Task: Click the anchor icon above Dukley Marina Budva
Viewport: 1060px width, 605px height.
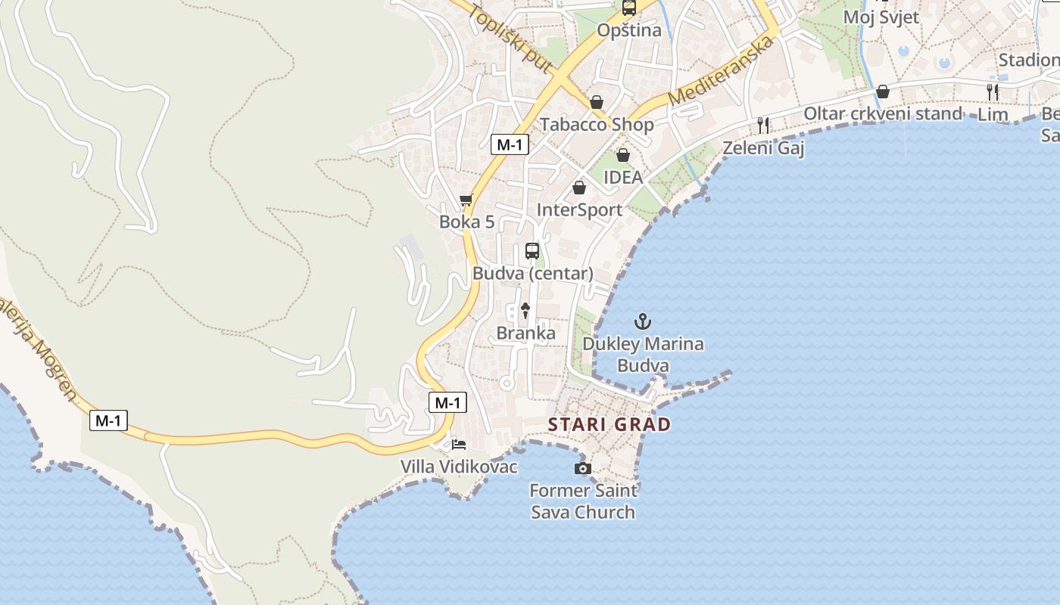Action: pyautogui.click(x=642, y=322)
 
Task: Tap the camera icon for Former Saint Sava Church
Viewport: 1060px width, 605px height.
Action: pyautogui.click(x=582, y=469)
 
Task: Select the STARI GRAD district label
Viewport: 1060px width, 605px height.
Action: pyautogui.click(x=609, y=424)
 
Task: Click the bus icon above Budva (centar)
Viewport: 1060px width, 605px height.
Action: pyautogui.click(x=532, y=251)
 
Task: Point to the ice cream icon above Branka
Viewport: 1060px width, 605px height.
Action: pyautogui.click(x=525, y=310)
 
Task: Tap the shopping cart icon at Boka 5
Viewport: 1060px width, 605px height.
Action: pyautogui.click(x=466, y=200)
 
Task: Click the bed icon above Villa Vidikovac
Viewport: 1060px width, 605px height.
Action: pyautogui.click(x=458, y=444)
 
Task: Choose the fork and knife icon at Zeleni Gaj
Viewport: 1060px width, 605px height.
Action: pyautogui.click(x=763, y=126)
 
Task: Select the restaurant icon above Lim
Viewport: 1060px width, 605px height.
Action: pyautogui.click(x=992, y=92)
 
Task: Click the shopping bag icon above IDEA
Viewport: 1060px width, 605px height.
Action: pyautogui.click(x=622, y=155)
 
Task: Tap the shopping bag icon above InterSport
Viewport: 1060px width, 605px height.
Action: pyautogui.click(x=579, y=188)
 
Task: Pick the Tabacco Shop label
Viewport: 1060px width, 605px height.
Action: pyautogui.click(x=596, y=124)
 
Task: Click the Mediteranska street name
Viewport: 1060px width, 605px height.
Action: pyautogui.click(x=722, y=70)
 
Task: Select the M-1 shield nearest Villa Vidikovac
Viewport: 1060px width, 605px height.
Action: pyautogui.click(x=447, y=402)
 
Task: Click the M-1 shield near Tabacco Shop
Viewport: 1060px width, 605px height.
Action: pyautogui.click(x=510, y=144)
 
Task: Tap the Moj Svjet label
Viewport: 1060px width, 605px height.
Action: pyautogui.click(x=881, y=17)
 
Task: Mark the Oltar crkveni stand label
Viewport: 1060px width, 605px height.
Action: pyautogui.click(x=882, y=113)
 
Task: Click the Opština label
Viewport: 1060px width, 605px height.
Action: pyautogui.click(x=629, y=30)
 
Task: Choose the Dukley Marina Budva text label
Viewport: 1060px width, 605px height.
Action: pyautogui.click(x=643, y=355)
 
